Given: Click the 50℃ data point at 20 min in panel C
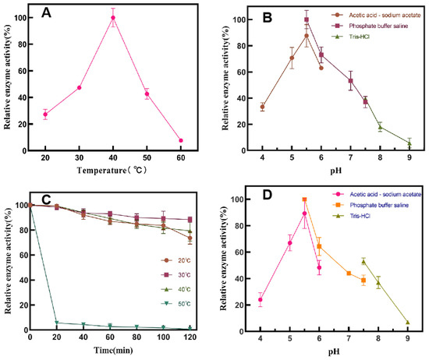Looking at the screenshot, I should click(x=57, y=323).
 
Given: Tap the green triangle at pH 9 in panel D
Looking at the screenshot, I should click(x=408, y=323).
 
